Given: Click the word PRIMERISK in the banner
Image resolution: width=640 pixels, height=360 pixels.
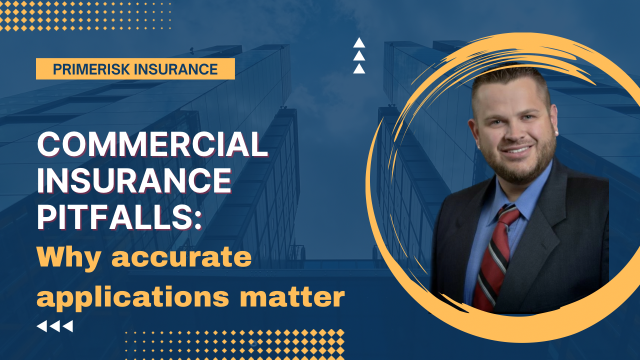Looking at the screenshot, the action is (x=91, y=69).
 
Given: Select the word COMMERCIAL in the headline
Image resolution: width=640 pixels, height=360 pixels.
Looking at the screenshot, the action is (x=152, y=144).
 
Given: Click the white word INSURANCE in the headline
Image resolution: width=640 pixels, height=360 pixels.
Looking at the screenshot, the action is (x=134, y=181).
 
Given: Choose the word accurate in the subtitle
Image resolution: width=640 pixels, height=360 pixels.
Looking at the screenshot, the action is (x=181, y=257).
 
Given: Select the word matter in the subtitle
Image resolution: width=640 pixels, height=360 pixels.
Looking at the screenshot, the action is (x=292, y=297).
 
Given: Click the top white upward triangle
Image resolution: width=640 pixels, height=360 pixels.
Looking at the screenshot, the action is (x=359, y=43).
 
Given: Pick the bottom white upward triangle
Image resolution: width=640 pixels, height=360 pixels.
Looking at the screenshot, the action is (x=359, y=69).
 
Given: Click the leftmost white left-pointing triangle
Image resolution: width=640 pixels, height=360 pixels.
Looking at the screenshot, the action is (x=42, y=326).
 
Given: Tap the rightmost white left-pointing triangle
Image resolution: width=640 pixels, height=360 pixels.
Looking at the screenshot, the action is (x=68, y=326).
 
